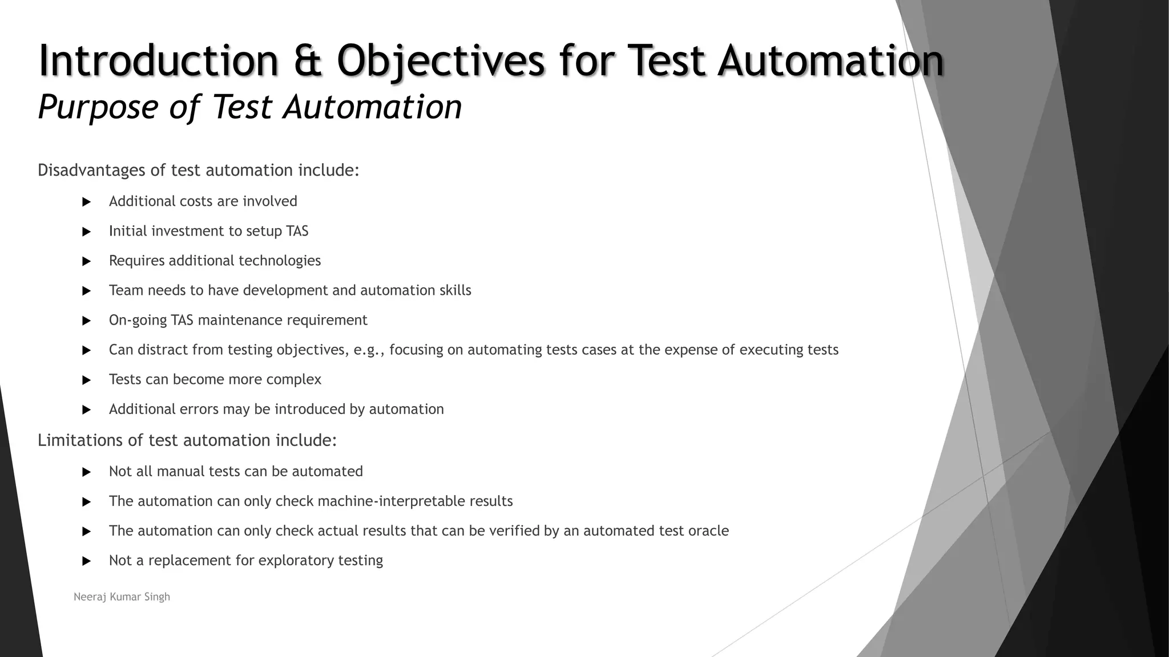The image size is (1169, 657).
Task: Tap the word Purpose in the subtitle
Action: pyautogui.click(x=98, y=107)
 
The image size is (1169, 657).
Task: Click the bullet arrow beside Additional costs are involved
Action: pyautogui.click(x=87, y=202)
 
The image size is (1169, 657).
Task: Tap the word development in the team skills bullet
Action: pyautogui.click(x=285, y=290)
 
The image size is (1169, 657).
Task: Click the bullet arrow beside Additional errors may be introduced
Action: pyautogui.click(x=87, y=409)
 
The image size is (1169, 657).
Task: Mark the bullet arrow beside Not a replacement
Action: pyautogui.click(x=87, y=561)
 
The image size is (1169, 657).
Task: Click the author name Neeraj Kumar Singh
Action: pyautogui.click(x=122, y=597)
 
